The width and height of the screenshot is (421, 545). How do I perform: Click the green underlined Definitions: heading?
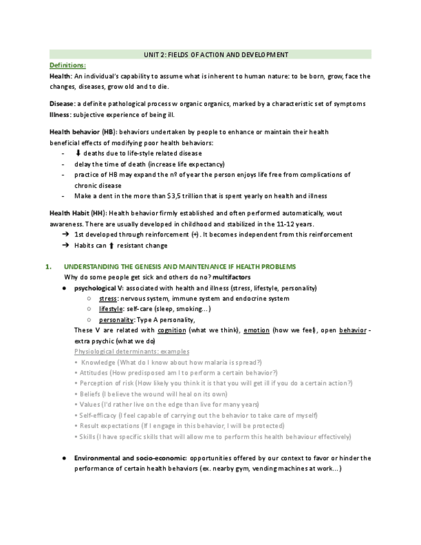pos(67,66)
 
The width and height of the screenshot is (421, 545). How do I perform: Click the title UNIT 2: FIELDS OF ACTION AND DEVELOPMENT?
pos(210,55)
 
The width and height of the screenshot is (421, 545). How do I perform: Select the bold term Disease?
pos(62,104)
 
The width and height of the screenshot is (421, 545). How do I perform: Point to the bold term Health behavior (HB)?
pos(82,132)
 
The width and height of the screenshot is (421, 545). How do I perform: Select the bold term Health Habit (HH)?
pos(77,213)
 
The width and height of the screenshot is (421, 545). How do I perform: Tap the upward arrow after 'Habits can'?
pos(111,246)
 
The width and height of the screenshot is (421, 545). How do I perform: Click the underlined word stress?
pos(108,299)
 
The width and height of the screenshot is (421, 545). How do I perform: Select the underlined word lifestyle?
pos(111,309)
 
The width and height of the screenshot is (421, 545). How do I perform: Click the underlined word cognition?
pos(172,330)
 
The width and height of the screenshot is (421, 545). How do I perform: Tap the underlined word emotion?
pos(256,330)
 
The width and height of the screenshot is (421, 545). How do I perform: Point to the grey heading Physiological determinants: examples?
pos(132,352)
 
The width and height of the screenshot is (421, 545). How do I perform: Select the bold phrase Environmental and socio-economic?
pos(130,458)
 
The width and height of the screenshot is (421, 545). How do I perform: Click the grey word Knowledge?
pos(98,362)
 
